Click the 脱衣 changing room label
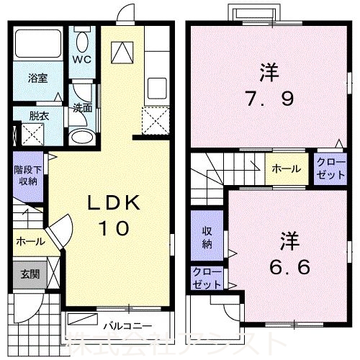[x=30, y=114]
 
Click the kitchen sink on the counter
[x=157, y=89]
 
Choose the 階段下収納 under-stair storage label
[x=29, y=175]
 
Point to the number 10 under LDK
[x=113, y=228]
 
